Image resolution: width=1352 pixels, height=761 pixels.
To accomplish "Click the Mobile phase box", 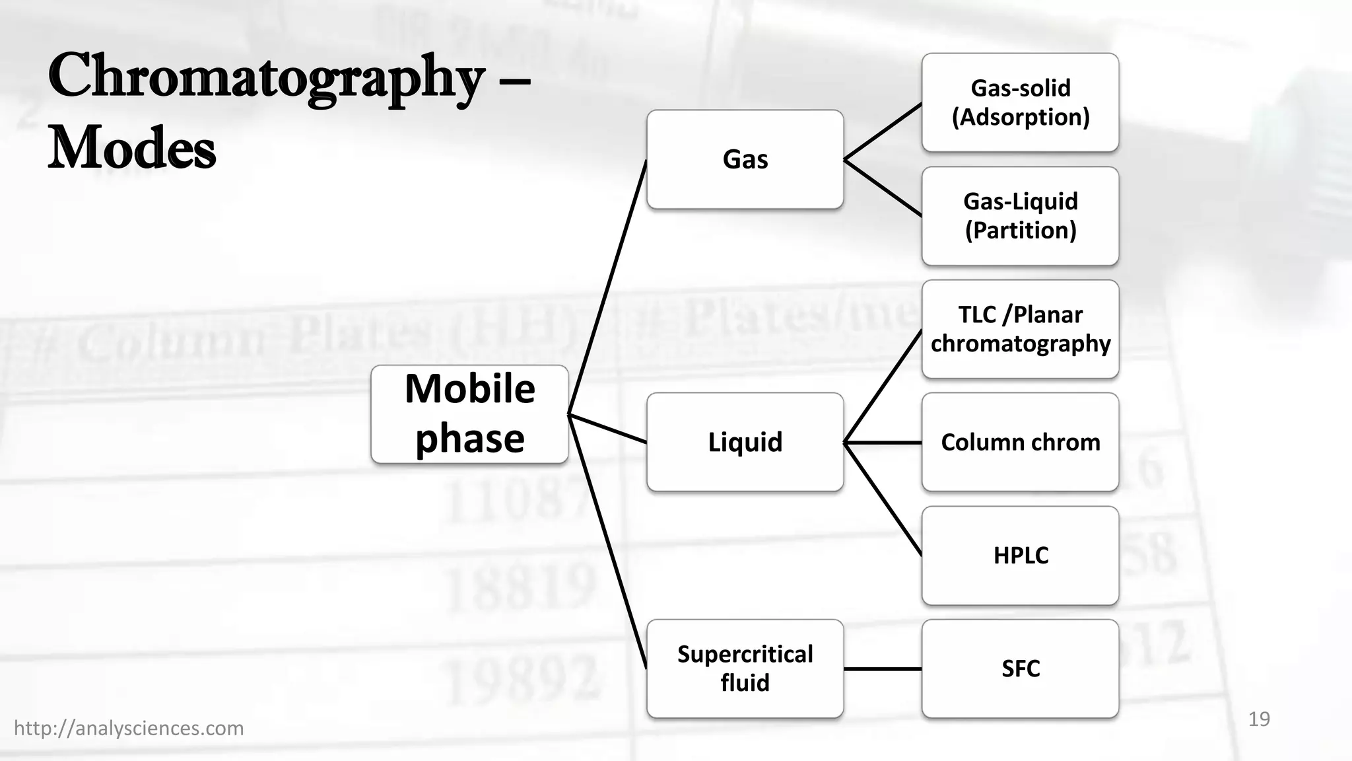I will click(x=469, y=414).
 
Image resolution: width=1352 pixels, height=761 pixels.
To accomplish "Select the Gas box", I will click(x=745, y=159).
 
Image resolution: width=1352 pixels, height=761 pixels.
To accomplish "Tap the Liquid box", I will click(x=745, y=442).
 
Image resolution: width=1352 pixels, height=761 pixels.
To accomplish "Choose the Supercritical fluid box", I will click(x=745, y=669).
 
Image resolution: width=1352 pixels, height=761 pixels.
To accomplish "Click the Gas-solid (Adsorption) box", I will click(x=1020, y=102).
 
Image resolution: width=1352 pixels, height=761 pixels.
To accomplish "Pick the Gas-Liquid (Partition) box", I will click(x=1020, y=216).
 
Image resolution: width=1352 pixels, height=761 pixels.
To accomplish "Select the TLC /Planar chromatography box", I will click(x=1020, y=329).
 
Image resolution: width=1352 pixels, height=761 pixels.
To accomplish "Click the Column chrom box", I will click(x=1020, y=442).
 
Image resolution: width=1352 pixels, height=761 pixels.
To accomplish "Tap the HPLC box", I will click(x=1020, y=556).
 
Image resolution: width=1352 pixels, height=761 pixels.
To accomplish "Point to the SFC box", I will click(x=1020, y=669).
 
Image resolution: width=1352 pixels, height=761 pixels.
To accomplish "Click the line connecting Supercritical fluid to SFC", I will click(x=883, y=669).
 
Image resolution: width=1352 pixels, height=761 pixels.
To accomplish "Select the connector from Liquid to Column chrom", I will click(x=883, y=443).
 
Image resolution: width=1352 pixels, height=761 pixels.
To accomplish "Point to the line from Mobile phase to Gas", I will click(x=607, y=287).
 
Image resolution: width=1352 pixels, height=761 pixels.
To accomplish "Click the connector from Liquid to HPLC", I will click(x=883, y=499).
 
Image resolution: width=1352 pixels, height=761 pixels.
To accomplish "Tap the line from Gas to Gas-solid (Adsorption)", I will click(x=883, y=131).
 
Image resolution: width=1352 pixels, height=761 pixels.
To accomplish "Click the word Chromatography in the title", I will click(x=266, y=78).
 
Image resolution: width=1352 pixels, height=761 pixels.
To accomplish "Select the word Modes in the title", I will click(x=132, y=149).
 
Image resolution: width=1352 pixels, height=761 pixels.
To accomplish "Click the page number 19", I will click(x=1259, y=719).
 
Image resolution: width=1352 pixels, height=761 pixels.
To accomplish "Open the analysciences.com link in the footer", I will click(x=129, y=728).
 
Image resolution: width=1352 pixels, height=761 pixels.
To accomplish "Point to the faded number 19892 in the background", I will click(x=522, y=677).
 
